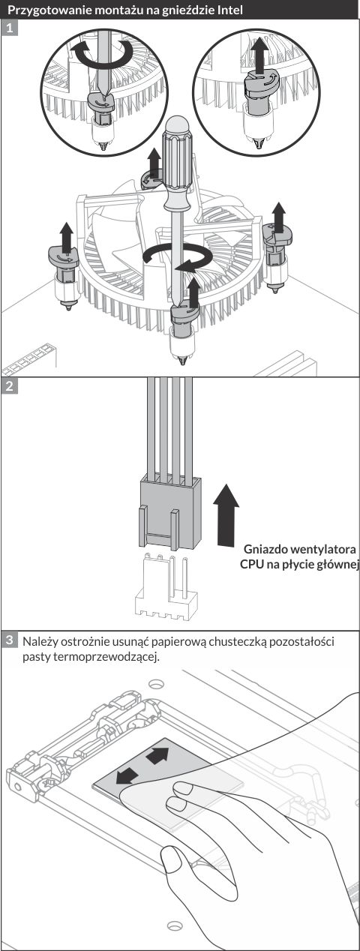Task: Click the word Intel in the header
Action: pos(229,9)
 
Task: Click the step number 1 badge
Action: pos(9,28)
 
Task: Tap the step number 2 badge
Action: pos(9,386)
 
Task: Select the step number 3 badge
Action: pos(9,640)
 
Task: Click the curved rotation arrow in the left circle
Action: pos(102,52)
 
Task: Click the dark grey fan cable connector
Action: pos(169,512)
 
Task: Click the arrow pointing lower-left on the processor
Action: pos(127,777)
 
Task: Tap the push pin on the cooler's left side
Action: pos(64,272)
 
